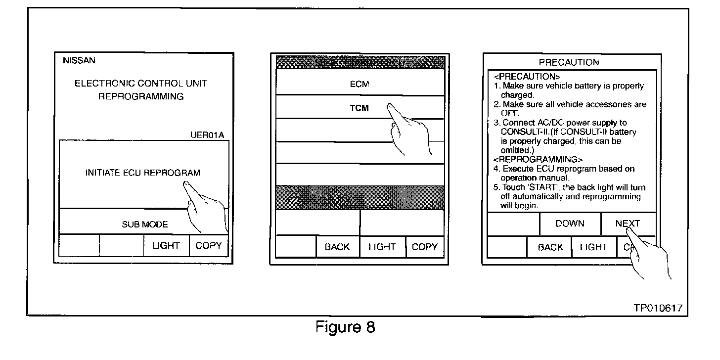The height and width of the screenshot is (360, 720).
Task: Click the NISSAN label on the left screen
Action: pyautogui.click(x=79, y=61)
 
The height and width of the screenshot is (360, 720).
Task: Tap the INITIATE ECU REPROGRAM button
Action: pyautogui.click(x=143, y=173)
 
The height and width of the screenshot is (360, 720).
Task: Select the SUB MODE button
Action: pyautogui.click(x=144, y=225)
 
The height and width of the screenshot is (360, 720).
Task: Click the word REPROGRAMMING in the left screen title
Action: pyautogui.click(x=141, y=96)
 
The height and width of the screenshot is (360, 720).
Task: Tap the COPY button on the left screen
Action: pyautogui.click(x=209, y=246)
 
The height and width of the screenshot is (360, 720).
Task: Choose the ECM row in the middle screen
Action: pyautogui.click(x=360, y=84)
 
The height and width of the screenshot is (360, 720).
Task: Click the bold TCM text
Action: pyautogui.click(x=360, y=108)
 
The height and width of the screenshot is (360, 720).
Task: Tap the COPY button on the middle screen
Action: pyautogui.click(x=425, y=247)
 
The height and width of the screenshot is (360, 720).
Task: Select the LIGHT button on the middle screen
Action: pyautogui.click(x=382, y=247)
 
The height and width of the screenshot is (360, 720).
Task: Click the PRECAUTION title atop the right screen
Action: pyautogui.click(x=569, y=62)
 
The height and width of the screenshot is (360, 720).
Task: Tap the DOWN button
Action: pyautogui.click(x=570, y=224)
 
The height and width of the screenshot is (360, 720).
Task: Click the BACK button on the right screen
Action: pyautogui.click(x=550, y=247)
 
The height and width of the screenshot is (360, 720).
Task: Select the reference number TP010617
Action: pyautogui.click(x=658, y=308)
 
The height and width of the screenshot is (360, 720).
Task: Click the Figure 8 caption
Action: pyautogui.click(x=345, y=327)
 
